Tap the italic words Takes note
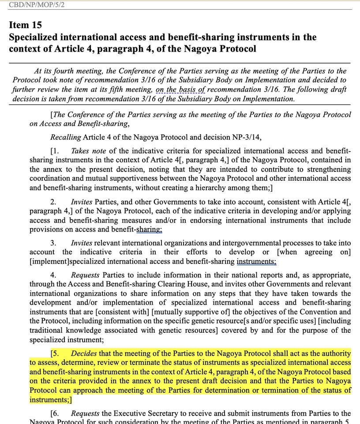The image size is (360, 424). pyautogui.click(x=88, y=151)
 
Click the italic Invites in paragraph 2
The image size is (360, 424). pyautogui.click(x=82, y=202)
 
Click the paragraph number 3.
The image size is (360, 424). pyautogui.click(x=53, y=243)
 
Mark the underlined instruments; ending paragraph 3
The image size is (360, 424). pyautogui.click(x=256, y=261)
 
